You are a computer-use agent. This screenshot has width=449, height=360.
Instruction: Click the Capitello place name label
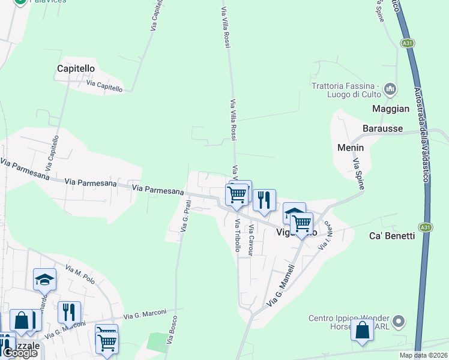pyautogui.click(x=76, y=68)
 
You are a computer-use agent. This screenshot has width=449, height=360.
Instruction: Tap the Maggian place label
pyautogui.click(x=391, y=109)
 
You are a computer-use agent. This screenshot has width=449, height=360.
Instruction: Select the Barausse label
pyautogui.click(x=382, y=128)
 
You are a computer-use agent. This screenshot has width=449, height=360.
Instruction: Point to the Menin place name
pyautogui.click(x=351, y=147)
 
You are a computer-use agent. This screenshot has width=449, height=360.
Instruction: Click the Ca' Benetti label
pyautogui.click(x=393, y=236)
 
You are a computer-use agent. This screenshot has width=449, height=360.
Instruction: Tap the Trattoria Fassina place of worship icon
pyautogui.click(x=391, y=89)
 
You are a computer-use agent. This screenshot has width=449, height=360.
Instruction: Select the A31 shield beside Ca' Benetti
pyautogui.click(x=425, y=227)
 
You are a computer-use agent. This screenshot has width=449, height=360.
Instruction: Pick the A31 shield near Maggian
pyautogui.click(x=408, y=43)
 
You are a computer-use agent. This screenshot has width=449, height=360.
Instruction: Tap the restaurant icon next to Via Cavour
pyautogui.click(x=264, y=200)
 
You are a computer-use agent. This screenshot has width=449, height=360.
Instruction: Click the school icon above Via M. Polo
pyautogui.click(x=44, y=280)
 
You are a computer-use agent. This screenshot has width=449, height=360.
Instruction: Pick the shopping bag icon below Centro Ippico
pyautogui.click(x=362, y=331)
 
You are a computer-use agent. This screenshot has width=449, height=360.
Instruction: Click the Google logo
pyautogui.click(x=20, y=353)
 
